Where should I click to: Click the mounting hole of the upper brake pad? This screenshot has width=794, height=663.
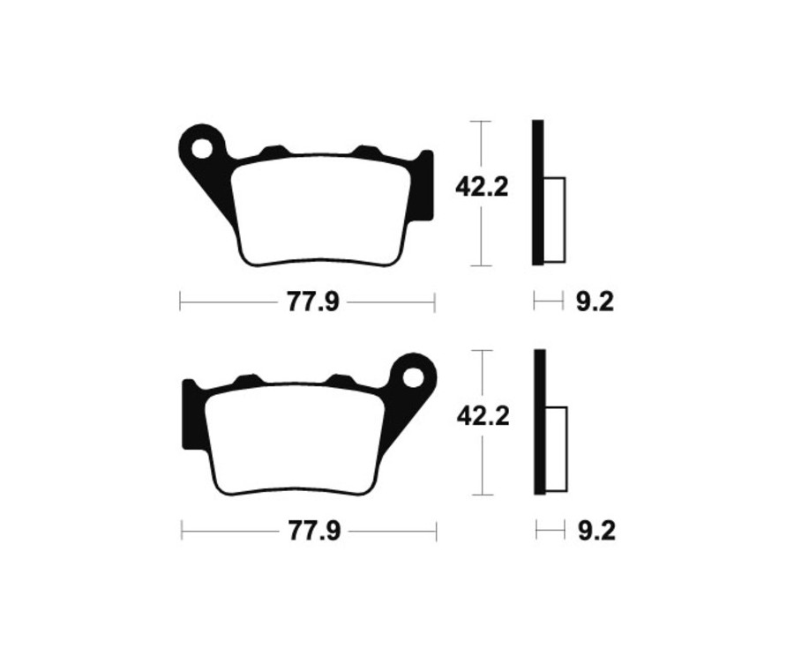click(203, 147)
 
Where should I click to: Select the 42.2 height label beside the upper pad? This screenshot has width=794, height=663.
click(482, 187)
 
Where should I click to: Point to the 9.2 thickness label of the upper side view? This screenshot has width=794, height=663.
click(594, 302)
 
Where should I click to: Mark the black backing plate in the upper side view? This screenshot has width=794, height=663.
click(537, 192)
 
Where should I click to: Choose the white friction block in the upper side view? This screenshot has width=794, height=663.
click(554, 220)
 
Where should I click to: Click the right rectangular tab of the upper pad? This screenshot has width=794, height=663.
click(426, 185)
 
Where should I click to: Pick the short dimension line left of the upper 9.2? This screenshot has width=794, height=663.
click(548, 302)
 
